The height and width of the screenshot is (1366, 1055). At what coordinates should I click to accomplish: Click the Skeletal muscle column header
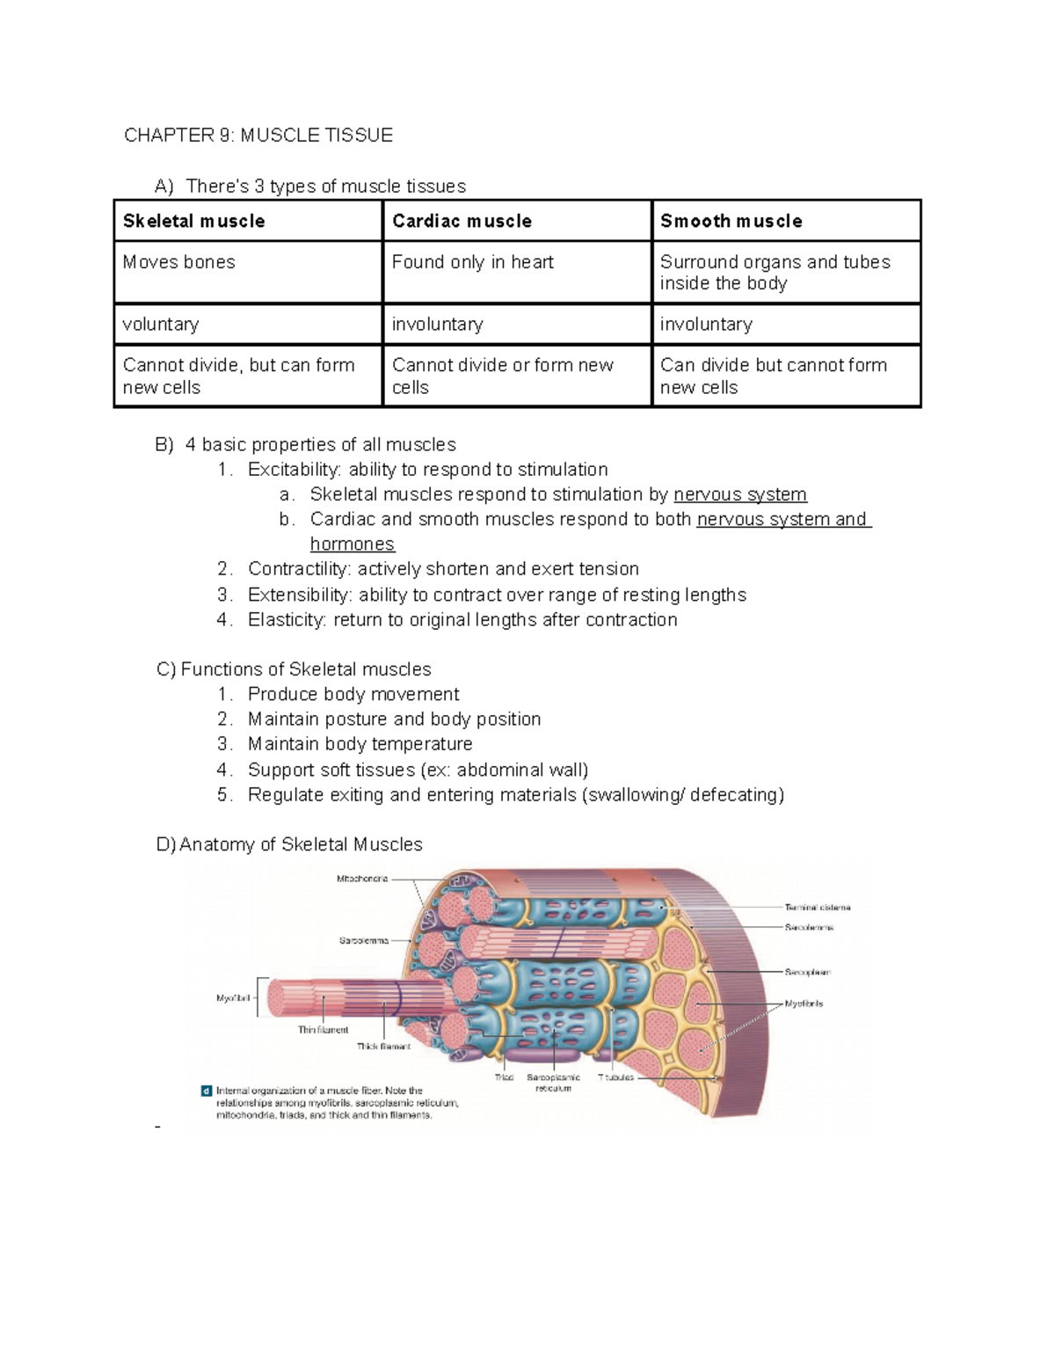(193, 221)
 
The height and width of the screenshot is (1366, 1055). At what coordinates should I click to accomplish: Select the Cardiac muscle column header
(462, 221)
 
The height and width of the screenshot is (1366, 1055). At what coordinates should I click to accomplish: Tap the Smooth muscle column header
(731, 221)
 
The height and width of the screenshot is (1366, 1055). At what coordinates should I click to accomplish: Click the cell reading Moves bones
(179, 262)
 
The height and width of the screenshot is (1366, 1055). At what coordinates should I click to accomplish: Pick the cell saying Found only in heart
(472, 262)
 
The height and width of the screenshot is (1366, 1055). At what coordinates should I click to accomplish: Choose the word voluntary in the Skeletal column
(161, 324)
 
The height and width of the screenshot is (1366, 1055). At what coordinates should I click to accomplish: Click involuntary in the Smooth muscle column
(706, 324)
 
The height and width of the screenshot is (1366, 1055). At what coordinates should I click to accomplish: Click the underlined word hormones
(353, 544)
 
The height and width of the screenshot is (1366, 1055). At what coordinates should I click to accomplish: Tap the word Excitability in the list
(294, 470)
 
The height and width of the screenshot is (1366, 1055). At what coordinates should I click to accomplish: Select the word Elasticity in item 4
(287, 620)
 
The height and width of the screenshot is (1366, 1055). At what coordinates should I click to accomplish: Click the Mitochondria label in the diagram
(361, 879)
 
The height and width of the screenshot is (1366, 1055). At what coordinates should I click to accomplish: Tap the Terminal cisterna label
(817, 907)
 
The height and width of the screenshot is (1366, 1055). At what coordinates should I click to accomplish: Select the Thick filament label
(383, 1047)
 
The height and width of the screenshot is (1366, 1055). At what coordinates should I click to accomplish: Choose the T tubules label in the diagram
(615, 1077)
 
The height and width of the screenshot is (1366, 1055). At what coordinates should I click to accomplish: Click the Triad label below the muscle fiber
(504, 1077)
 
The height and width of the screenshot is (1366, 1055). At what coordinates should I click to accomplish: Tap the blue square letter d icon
(207, 1091)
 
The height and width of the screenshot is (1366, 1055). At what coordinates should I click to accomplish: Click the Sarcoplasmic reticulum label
(553, 1083)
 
